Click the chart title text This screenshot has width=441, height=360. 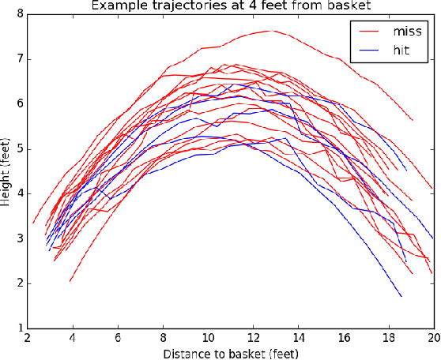[230, 6]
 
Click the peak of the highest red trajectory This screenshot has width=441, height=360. [271, 31]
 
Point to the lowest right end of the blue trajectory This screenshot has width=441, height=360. [401, 296]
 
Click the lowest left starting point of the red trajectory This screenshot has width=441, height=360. [70, 281]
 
